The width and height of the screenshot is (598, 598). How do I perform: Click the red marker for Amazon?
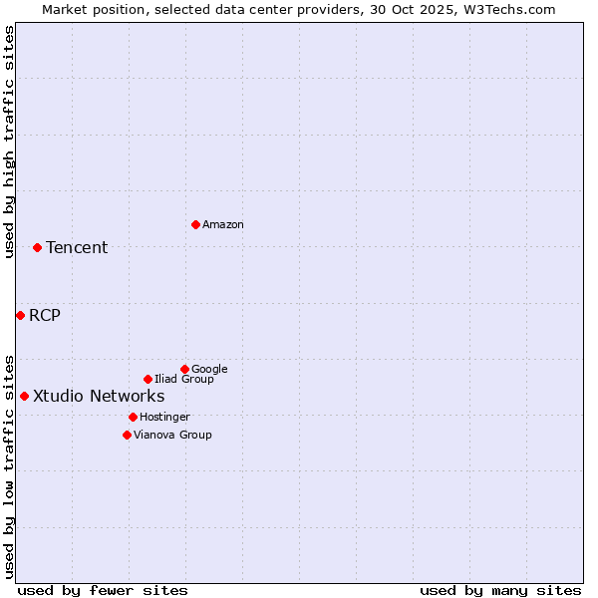(x=195, y=224)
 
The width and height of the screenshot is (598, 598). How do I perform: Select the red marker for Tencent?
(x=37, y=247)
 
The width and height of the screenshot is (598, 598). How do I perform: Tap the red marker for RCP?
(x=20, y=315)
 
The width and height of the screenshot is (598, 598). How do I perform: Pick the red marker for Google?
(x=184, y=369)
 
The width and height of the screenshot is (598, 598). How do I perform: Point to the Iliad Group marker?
(x=148, y=379)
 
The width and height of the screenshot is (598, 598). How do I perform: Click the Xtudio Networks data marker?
(x=24, y=396)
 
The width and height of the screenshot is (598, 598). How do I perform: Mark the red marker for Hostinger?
(x=133, y=417)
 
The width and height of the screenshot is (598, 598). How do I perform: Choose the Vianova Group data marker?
(x=127, y=435)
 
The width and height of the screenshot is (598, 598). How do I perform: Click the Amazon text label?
(x=223, y=225)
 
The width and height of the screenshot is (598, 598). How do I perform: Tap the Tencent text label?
(x=77, y=248)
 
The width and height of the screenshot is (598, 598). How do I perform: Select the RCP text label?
(x=45, y=316)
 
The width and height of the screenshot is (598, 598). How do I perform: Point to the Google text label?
(x=209, y=370)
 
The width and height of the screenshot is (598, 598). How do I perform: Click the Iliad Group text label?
(x=184, y=380)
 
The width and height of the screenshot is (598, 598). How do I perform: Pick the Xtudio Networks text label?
(x=99, y=397)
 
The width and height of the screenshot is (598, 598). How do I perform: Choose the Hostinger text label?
(x=164, y=418)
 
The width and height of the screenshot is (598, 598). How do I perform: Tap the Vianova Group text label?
(x=172, y=436)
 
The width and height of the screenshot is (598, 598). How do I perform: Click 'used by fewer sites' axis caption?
(x=103, y=591)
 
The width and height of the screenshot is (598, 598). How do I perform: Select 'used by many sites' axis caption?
(x=500, y=591)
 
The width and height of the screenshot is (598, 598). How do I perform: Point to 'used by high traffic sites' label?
(x=9, y=142)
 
